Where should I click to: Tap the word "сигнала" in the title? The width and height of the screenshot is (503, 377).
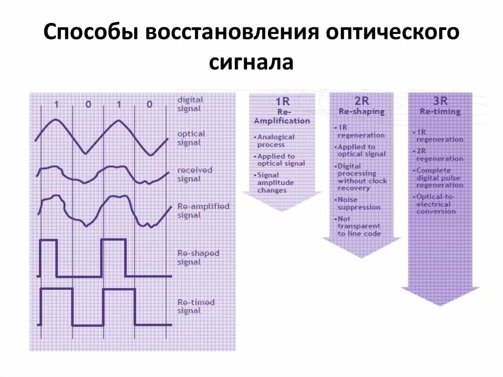coord(251,62)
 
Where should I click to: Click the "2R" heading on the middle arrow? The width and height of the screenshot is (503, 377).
coord(362,101)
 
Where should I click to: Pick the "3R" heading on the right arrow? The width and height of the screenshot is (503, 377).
coord(440,101)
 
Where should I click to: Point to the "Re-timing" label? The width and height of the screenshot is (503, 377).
coord(440,112)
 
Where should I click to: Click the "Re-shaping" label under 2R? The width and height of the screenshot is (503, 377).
coord(362,112)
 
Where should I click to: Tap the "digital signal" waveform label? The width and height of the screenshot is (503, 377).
coord(190,104)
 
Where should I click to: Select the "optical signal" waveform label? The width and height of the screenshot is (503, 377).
coord(191,138)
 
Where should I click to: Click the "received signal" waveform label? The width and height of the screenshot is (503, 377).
coord(195,174)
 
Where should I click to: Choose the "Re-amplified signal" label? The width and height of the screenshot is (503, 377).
coord(203,210)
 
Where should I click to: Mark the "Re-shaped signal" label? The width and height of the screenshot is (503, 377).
coord(198,258)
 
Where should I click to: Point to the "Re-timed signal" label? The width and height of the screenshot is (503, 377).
coord(196,306)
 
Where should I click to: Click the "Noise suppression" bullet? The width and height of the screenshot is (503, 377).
coord(359,203)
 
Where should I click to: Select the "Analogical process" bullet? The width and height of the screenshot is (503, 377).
coord(276,141)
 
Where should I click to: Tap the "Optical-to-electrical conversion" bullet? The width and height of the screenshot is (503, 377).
coord(436,204)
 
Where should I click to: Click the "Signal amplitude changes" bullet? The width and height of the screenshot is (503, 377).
coord(276,182)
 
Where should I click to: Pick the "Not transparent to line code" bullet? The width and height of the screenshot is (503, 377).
coord(359,226)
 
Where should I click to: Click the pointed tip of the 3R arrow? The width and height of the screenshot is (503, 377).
coord(440,305)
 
